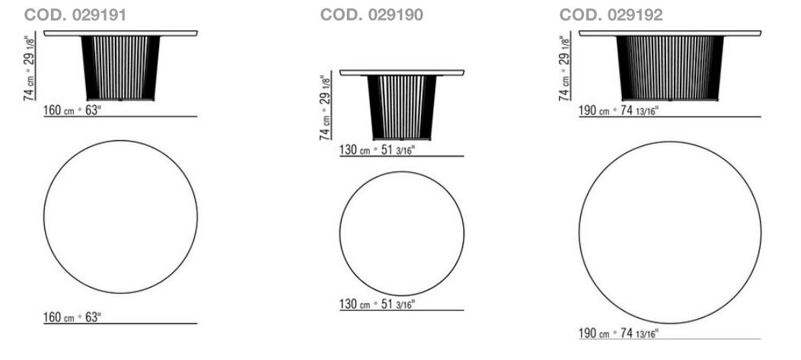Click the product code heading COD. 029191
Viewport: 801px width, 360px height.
pos(75,14)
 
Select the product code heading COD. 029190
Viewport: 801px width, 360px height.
pos(372,14)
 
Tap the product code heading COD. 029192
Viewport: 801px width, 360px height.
pos(611,14)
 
